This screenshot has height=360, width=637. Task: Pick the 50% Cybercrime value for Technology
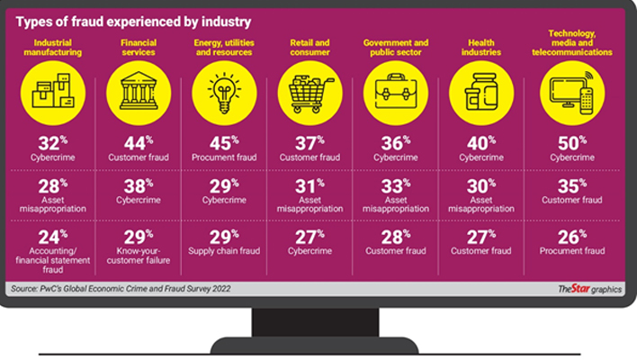tap(572, 143)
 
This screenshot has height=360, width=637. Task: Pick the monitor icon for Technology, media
tap(572, 93)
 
